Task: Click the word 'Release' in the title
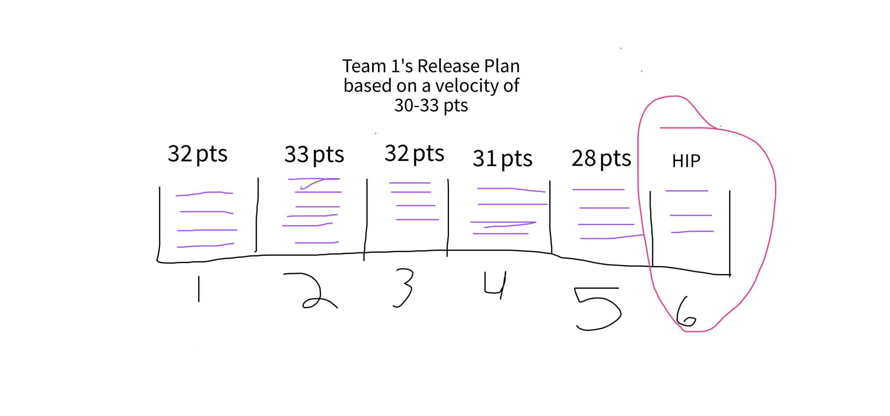pyautogui.click(x=448, y=66)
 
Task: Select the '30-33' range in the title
pyautogui.click(x=416, y=105)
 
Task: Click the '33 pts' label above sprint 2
pyautogui.click(x=314, y=155)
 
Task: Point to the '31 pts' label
pyautogui.click(x=502, y=159)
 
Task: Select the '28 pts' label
pyautogui.click(x=601, y=158)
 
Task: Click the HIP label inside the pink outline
pyautogui.click(x=686, y=161)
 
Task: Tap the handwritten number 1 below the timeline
pyautogui.click(x=199, y=289)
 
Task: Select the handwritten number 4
pyautogui.click(x=495, y=285)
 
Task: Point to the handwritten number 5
pyautogui.click(x=597, y=308)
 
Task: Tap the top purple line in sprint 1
pyautogui.click(x=205, y=193)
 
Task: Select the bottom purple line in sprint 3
pyautogui.click(x=417, y=219)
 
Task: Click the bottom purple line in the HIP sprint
pyautogui.click(x=692, y=232)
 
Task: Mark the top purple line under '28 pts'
pyautogui.click(x=598, y=189)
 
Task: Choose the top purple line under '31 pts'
pyautogui.click(x=511, y=189)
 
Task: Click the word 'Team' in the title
pyautogui.click(x=364, y=66)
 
